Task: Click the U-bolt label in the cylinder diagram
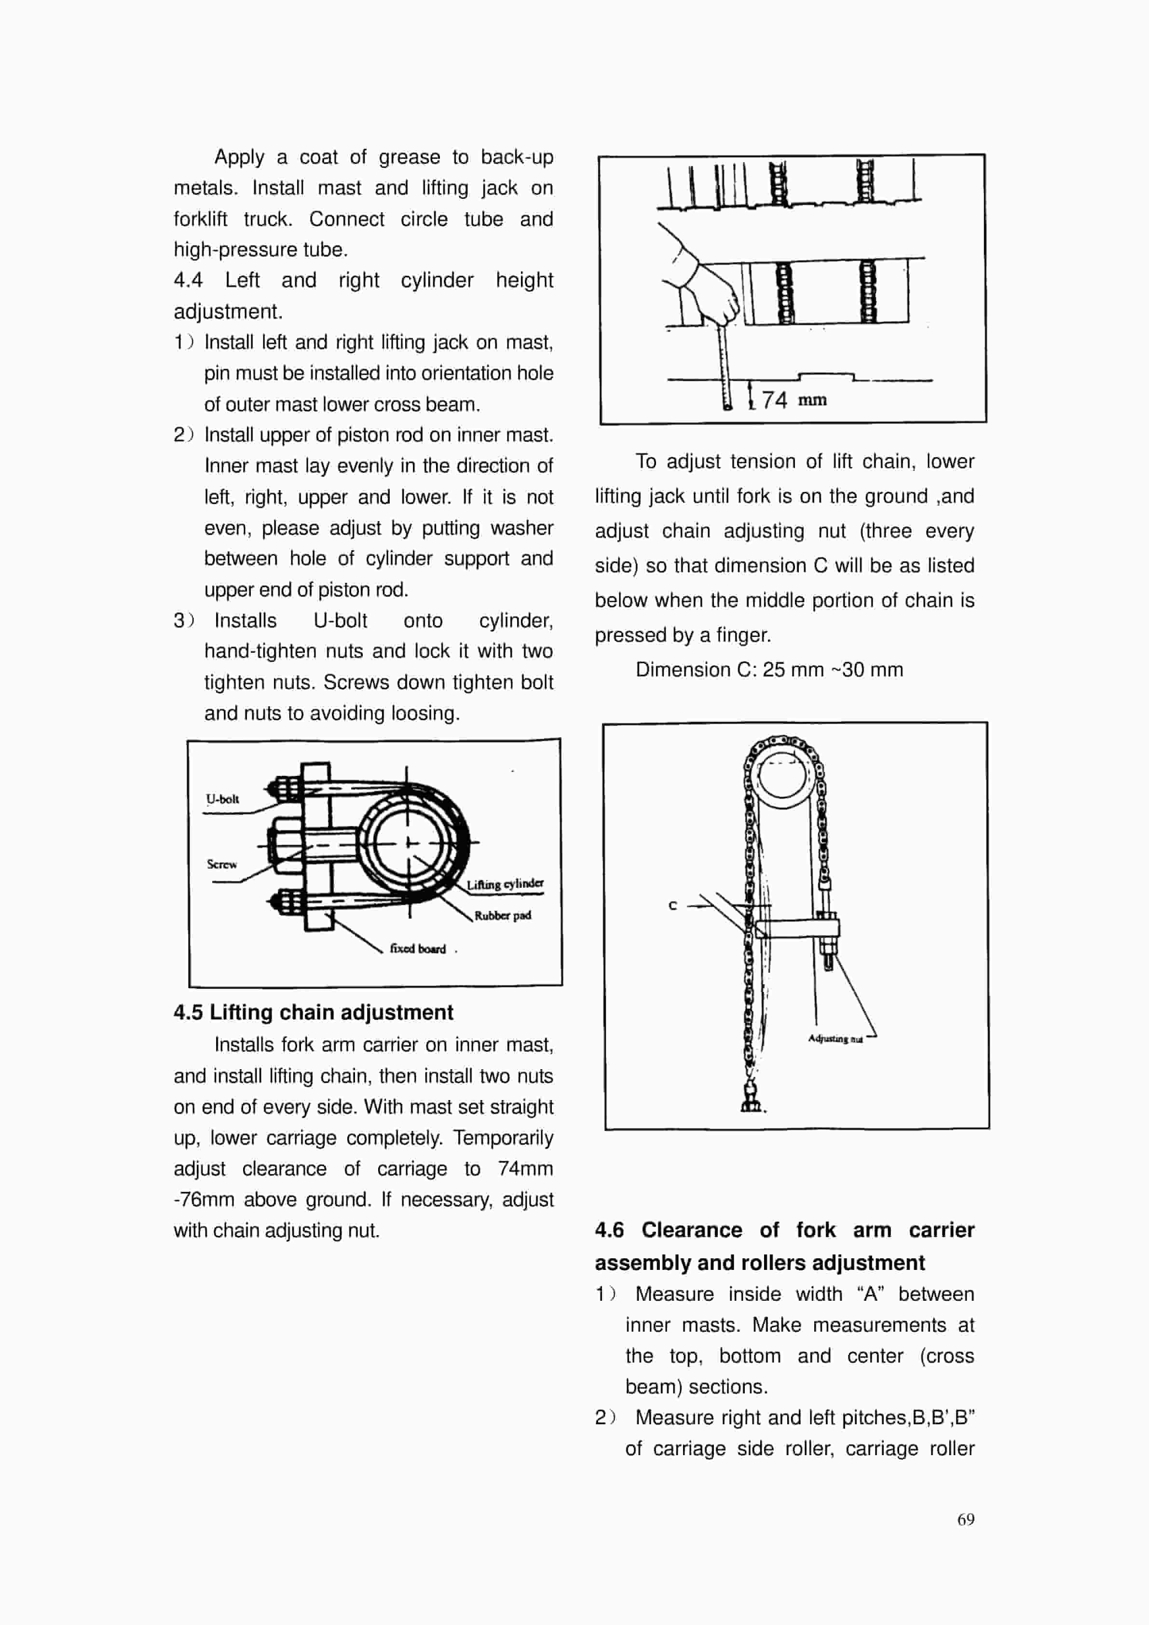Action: coord(222,799)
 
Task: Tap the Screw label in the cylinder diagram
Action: coord(221,864)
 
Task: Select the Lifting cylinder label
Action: coord(505,884)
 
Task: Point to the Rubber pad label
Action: coord(502,915)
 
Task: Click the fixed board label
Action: coord(417,949)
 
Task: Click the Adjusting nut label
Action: coord(835,1038)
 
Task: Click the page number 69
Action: coord(966,1519)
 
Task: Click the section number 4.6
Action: coord(609,1229)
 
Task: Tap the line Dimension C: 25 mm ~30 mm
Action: coord(768,670)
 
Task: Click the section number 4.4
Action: coord(188,280)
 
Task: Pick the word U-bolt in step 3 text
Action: coord(341,620)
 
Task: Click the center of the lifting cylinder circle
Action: coord(408,842)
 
